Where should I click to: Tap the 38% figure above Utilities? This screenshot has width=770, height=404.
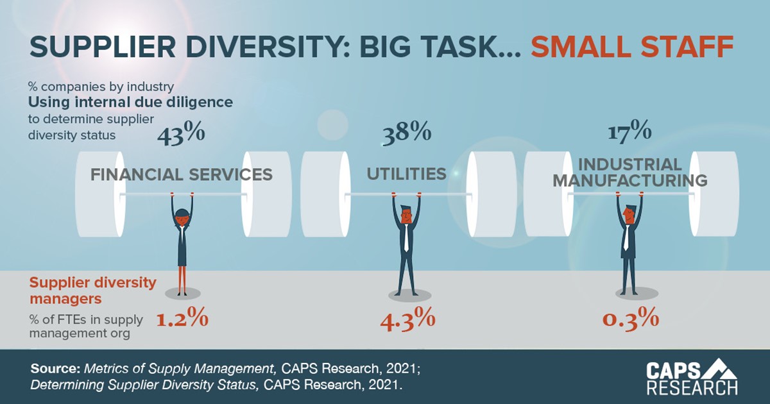(406, 134)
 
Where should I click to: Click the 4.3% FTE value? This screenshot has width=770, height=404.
(407, 319)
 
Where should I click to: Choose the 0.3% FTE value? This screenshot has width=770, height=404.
(631, 319)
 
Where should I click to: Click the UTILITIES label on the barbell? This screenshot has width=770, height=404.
(406, 173)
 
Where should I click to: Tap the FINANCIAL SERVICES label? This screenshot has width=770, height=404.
(182, 174)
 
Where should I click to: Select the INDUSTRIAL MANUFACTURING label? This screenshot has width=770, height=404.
(630, 173)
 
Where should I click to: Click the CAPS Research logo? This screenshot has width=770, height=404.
(692, 378)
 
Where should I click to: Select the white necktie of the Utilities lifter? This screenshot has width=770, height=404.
(407, 237)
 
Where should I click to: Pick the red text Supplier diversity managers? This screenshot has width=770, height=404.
(93, 290)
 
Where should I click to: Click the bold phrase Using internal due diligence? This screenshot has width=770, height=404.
(130, 101)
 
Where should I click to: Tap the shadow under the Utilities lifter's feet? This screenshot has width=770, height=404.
(406, 295)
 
